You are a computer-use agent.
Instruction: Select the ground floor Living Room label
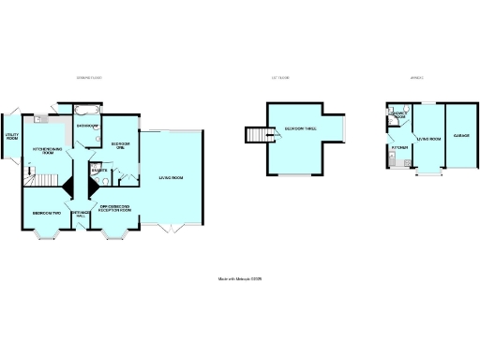[x=170, y=178]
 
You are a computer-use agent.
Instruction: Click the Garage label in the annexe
[x=461, y=136]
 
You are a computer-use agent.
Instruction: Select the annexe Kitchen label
[x=397, y=148]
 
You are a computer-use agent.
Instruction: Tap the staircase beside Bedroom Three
[x=258, y=137]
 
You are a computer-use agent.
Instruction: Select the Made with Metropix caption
[x=239, y=278]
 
